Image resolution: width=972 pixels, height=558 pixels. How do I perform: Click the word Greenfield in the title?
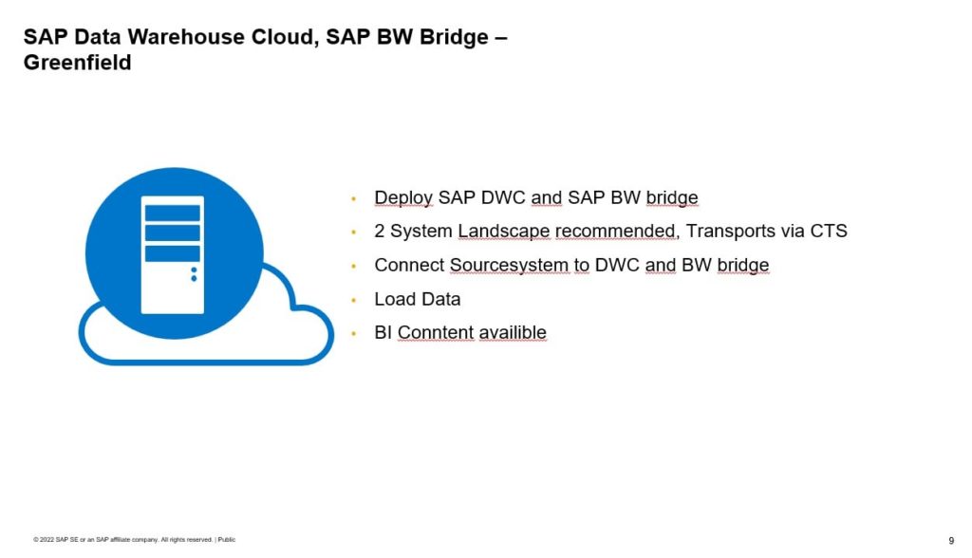(78, 64)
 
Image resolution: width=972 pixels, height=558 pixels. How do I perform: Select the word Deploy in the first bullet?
(403, 198)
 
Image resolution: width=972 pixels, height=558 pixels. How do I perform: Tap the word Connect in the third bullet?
(409, 265)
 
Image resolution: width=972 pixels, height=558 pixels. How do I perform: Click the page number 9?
(950, 540)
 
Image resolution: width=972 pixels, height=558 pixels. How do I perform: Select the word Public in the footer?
(227, 540)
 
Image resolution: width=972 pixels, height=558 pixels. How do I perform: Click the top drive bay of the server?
(172, 213)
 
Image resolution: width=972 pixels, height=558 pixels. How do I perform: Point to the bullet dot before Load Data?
(353, 300)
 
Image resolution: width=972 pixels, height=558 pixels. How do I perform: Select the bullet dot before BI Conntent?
(353, 333)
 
